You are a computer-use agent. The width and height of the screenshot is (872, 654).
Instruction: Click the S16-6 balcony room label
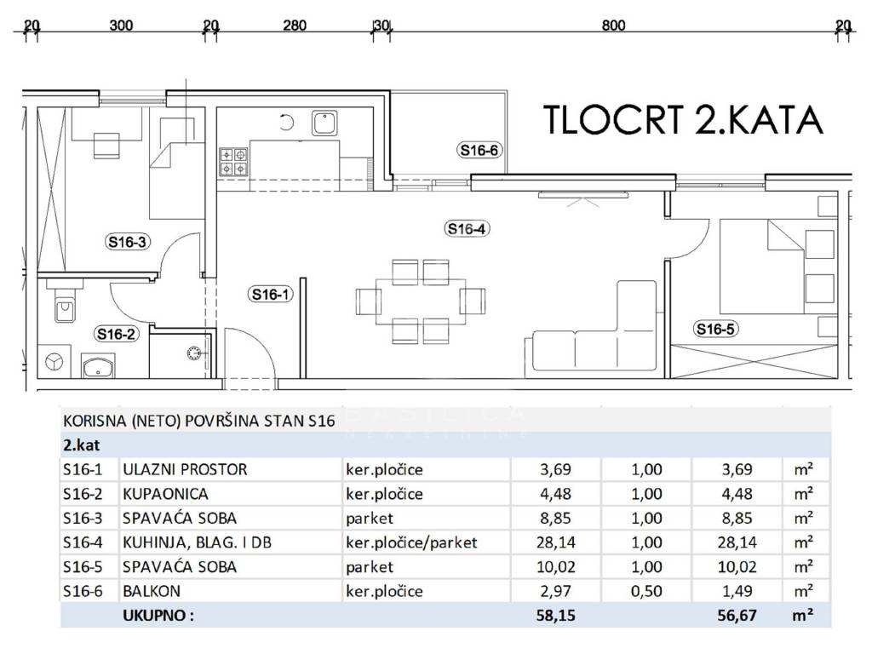479,150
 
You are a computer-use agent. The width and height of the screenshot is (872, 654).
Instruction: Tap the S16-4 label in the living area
467,228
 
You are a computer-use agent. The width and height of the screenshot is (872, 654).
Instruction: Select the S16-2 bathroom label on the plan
116,334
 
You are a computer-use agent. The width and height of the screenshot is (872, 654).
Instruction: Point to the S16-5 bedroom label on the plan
715,330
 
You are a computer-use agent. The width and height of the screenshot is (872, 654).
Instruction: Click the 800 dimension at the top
613,25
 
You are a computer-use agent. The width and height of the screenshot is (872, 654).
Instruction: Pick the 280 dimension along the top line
295,25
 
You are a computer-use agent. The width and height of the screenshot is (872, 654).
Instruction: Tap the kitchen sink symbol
324,123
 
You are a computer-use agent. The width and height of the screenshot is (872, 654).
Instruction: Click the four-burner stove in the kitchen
233,161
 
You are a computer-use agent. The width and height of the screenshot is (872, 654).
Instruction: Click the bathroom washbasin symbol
99,365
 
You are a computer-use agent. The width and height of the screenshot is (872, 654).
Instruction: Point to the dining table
421,301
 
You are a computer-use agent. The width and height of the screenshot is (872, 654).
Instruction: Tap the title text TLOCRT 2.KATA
683,119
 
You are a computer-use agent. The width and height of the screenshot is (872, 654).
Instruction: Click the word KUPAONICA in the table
165,494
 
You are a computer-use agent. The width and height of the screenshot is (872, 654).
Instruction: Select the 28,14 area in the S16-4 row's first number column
555,542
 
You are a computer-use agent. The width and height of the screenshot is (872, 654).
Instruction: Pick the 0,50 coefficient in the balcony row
647,591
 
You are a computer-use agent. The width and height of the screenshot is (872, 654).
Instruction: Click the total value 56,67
737,616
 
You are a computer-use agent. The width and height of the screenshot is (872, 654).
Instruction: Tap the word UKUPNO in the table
158,616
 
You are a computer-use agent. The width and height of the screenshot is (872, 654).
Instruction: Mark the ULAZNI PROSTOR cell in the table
185,469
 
